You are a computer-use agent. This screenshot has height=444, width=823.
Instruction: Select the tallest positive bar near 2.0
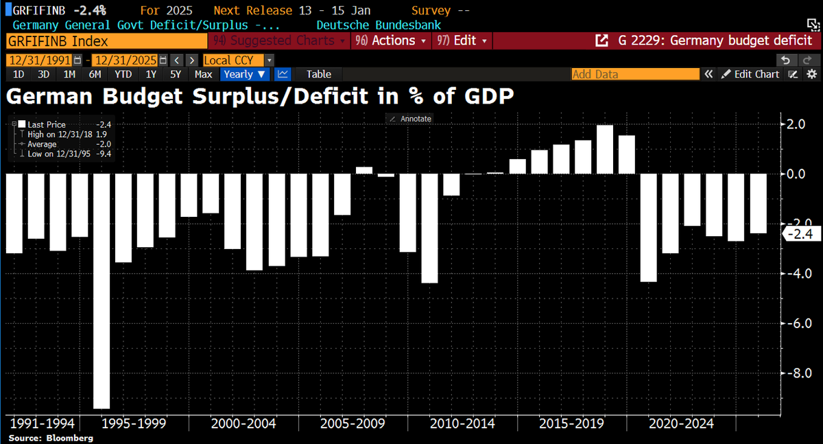605,149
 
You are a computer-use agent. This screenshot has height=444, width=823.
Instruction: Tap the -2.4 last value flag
800,235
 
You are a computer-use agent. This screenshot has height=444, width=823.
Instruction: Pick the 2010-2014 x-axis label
462,423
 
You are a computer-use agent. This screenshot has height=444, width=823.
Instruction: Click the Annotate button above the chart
410,119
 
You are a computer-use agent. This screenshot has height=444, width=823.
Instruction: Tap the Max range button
203,74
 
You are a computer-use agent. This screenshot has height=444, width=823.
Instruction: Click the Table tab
318,74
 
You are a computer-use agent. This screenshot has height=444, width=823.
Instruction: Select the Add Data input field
635,74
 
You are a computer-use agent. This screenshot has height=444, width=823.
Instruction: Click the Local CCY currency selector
237,60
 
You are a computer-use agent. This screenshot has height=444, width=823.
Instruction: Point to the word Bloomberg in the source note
70,438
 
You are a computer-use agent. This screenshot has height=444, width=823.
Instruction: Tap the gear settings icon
811,74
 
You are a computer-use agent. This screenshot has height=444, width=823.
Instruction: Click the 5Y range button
176,74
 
